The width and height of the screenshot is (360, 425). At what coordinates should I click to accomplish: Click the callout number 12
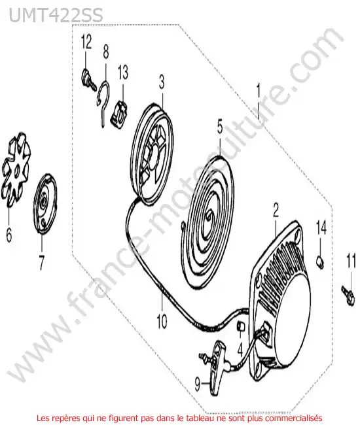click(86, 42)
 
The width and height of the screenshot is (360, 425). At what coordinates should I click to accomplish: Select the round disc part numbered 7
click(45, 203)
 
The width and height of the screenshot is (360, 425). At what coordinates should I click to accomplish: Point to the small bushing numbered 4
click(241, 326)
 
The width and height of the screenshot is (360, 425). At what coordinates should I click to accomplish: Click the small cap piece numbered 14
click(320, 262)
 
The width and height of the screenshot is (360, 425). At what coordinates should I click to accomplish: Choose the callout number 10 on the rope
click(162, 321)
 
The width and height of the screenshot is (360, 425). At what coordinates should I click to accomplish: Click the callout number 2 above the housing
click(276, 211)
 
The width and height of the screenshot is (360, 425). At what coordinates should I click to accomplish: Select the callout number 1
click(258, 91)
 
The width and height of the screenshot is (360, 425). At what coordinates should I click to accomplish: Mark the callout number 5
click(220, 127)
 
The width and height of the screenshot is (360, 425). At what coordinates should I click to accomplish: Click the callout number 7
click(41, 263)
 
